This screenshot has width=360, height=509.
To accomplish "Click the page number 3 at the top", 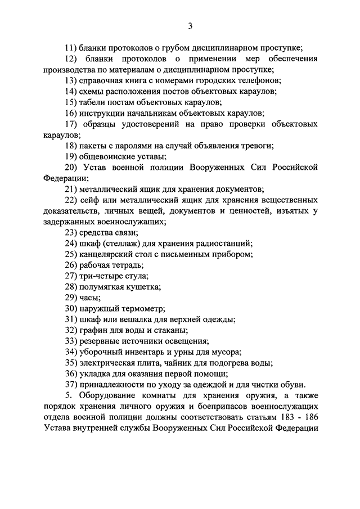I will coord(191,25).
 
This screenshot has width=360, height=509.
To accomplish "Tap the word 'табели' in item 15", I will coord(93,102).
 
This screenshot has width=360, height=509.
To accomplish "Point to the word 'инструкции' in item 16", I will coord(102,113).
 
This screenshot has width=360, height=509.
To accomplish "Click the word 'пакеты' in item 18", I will coord(93,146).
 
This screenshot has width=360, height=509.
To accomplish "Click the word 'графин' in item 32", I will coord(93,330).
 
